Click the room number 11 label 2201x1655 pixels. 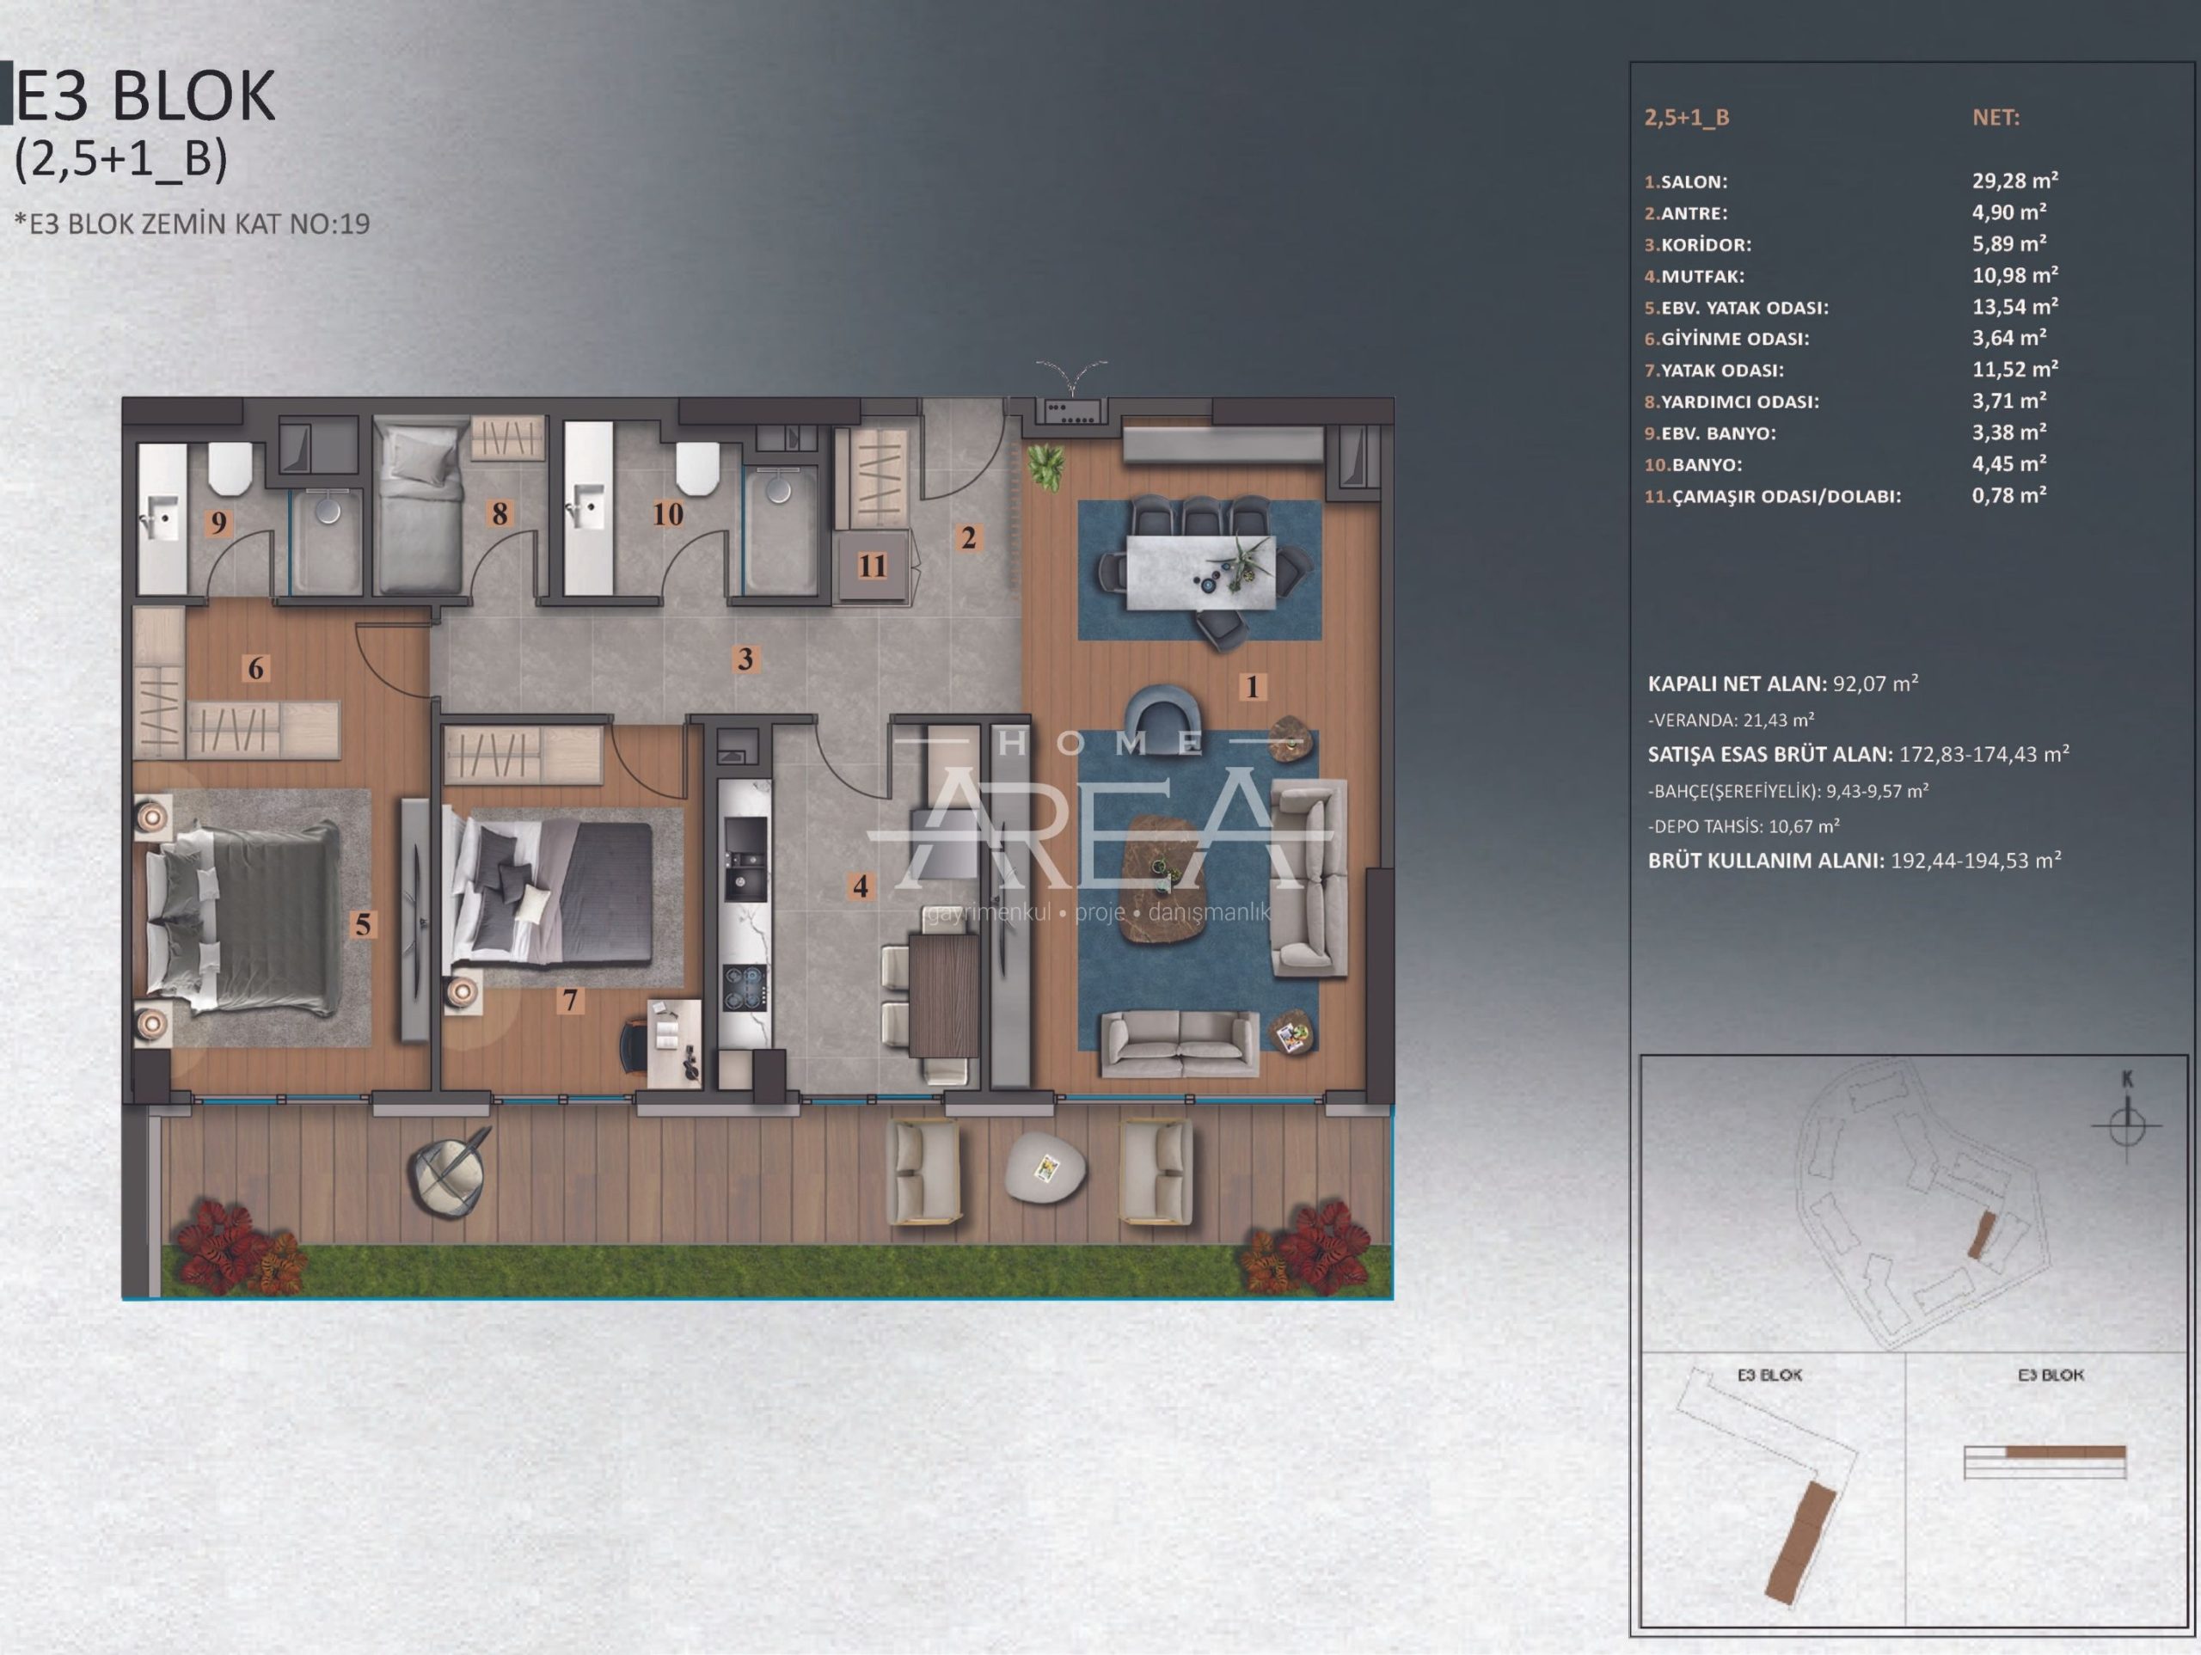(x=873, y=565)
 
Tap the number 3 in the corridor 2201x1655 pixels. (x=745, y=658)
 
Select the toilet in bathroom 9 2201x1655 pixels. (x=230, y=466)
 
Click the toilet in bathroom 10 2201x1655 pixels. (x=696, y=466)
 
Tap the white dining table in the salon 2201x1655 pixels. (x=1200, y=573)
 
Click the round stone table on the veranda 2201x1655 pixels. (x=1044, y=1167)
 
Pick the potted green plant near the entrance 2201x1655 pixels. (x=1045, y=466)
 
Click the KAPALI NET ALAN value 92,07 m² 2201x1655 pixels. (x=1876, y=683)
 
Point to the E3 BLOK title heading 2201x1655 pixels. (x=145, y=96)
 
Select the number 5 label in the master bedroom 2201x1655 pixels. (x=363, y=924)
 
